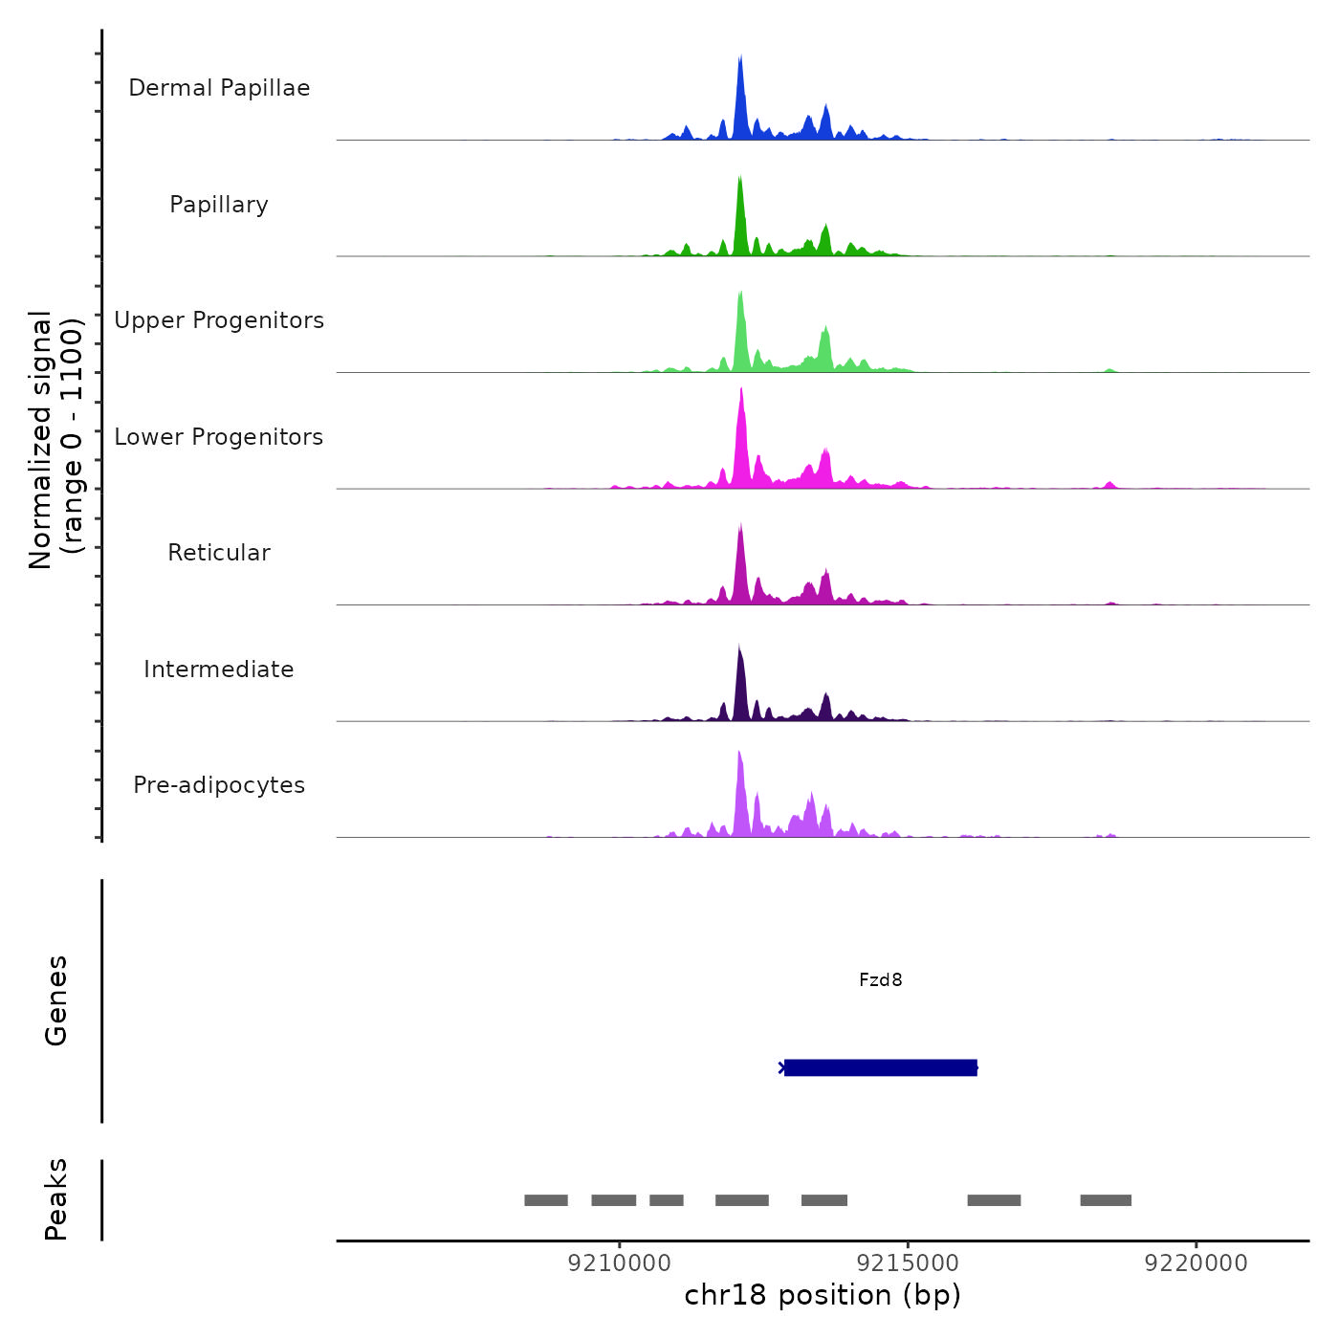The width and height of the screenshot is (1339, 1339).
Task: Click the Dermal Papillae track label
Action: coord(219,88)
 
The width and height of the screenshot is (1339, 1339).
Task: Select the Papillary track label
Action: coord(219,205)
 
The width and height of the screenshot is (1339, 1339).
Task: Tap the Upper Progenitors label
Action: coord(219,320)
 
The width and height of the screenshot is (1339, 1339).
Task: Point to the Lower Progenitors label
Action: coord(219,437)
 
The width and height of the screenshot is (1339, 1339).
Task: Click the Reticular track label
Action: coord(219,553)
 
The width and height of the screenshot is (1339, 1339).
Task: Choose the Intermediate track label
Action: coord(219,669)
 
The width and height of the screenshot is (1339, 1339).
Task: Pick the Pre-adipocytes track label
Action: coord(219,785)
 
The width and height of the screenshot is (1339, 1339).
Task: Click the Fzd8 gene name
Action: coord(880,980)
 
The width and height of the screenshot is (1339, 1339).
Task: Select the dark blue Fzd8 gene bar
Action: coord(880,1067)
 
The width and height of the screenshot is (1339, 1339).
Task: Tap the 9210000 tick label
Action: coord(620,1263)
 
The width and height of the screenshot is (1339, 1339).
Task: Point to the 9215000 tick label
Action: coord(908,1263)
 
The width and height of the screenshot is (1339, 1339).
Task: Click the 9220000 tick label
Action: coord(1196,1263)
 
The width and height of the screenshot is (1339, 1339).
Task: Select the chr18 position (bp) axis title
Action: coord(823,1295)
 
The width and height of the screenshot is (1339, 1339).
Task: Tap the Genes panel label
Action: coord(56,1000)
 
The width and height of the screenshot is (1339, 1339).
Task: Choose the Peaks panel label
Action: coord(56,1199)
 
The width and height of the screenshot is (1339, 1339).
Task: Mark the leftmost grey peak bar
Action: coord(546,1200)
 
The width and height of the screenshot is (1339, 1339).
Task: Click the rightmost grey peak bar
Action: coord(1106,1200)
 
